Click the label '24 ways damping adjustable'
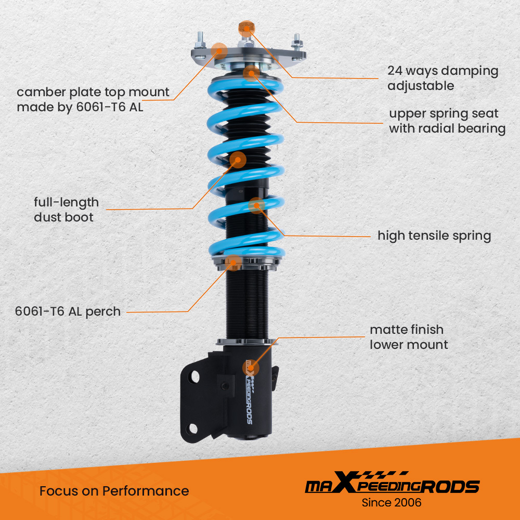tap(443, 78)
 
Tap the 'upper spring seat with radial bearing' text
tap(447, 121)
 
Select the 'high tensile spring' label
tap(434, 236)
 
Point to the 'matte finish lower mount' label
tap(408, 336)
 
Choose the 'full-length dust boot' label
tap(66, 209)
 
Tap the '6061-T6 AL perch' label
tap(68, 311)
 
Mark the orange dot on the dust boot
tap(238, 160)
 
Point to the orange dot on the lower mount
tap(251, 368)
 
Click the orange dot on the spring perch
tap(234, 263)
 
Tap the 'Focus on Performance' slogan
tap(114, 490)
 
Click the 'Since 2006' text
tap(392, 503)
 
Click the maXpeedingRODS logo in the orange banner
tap(392, 485)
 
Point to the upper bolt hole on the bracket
tap(194, 375)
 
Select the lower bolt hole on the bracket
tap(193, 428)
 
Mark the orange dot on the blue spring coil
tap(256, 205)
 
